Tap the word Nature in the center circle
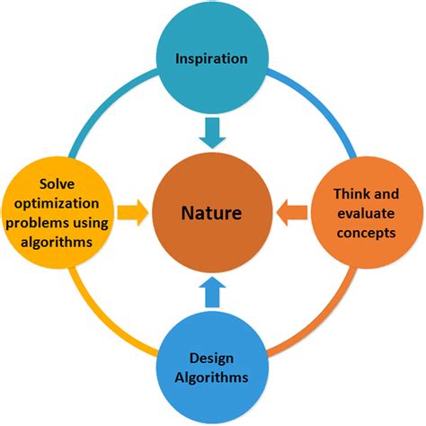(211, 215)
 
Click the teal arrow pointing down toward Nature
(212, 131)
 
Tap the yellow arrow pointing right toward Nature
(130, 214)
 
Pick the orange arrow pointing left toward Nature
(292, 214)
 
